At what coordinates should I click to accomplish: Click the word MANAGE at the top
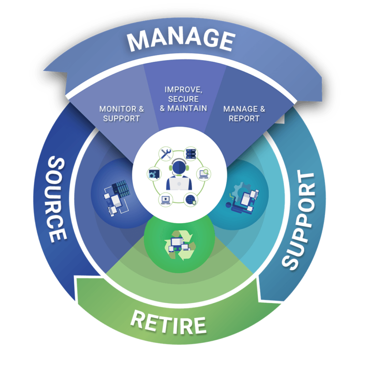(181, 39)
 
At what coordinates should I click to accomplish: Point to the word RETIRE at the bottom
(168, 322)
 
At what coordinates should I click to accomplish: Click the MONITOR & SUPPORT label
(122, 113)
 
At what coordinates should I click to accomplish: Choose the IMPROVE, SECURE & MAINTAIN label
(183, 99)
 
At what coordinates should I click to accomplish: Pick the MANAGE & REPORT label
(244, 113)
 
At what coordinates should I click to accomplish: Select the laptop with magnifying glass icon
(204, 174)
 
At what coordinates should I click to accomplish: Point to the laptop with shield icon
(165, 198)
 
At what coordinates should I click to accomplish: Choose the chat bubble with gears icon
(153, 174)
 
